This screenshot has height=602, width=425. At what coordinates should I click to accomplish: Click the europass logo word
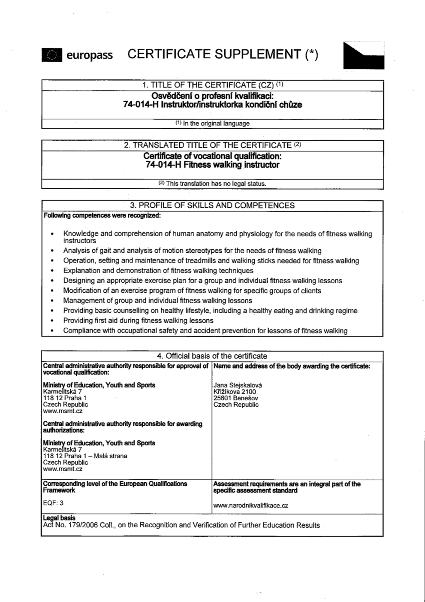(89, 55)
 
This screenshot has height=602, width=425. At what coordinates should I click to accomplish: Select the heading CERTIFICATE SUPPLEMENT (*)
(223, 54)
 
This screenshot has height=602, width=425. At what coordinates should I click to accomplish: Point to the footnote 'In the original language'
(212, 124)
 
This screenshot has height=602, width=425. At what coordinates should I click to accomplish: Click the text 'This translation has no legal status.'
(212, 184)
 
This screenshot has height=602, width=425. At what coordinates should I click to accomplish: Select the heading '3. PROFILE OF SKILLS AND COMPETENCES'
(212, 206)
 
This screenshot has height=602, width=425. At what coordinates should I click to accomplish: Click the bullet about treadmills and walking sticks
(211, 261)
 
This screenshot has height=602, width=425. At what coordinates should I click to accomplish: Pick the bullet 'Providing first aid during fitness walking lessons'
(138, 321)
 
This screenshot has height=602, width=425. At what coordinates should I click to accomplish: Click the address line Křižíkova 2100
(235, 392)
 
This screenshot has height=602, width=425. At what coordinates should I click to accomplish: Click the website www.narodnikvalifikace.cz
(250, 505)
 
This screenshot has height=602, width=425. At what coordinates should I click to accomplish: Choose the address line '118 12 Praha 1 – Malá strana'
(85, 456)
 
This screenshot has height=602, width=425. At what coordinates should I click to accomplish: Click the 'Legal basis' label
(59, 518)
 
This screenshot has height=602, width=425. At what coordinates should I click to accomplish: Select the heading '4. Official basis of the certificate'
(212, 356)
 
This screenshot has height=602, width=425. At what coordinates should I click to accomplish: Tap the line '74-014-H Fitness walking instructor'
(212, 165)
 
